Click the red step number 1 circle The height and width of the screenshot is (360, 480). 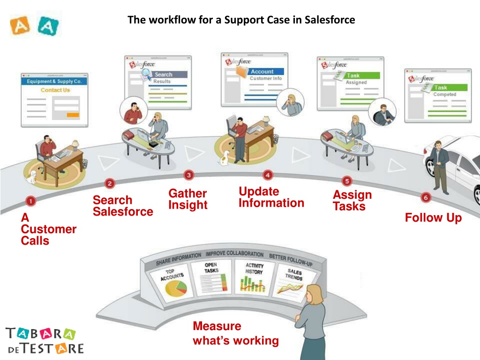click(x=30, y=201)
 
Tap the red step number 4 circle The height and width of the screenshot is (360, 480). click(x=267, y=175)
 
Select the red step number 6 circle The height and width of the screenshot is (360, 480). click(x=425, y=197)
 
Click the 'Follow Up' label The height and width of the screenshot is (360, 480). click(x=433, y=217)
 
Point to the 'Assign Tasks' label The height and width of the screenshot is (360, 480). click(x=352, y=201)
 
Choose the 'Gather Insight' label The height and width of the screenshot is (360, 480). click(x=187, y=199)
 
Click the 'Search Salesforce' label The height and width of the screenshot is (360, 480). click(x=122, y=206)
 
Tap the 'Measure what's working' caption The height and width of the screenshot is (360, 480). click(x=235, y=333)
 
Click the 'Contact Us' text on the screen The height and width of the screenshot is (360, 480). click(x=55, y=90)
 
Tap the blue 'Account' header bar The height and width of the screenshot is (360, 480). click(x=265, y=72)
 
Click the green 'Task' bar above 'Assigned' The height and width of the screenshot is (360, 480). click(x=361, y=75)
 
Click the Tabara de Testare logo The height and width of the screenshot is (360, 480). click(x=45, y=340)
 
